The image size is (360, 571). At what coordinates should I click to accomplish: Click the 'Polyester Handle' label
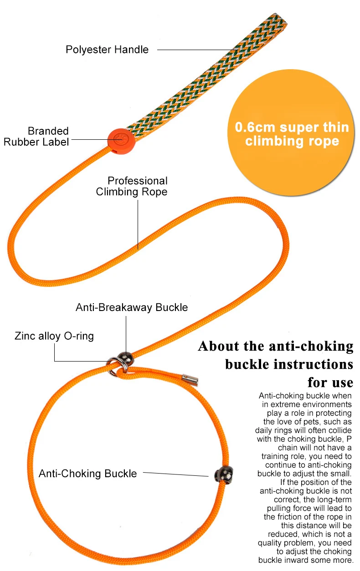(x=107, y=50)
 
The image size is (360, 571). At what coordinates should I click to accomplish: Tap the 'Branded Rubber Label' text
(x=36, y=137)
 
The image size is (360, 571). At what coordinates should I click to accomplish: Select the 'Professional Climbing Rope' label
(x=132, y=186)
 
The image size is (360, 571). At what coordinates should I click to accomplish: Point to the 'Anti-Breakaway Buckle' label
(x=132, y=307)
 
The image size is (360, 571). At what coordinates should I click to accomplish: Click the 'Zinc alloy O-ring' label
(x=54, y=336)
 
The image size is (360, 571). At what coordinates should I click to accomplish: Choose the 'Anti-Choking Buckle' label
(x=87, y=474)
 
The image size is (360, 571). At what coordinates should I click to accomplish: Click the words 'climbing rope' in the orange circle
(x=292, y=141)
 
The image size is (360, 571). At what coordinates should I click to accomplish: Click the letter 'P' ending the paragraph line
(x=349, y=439)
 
